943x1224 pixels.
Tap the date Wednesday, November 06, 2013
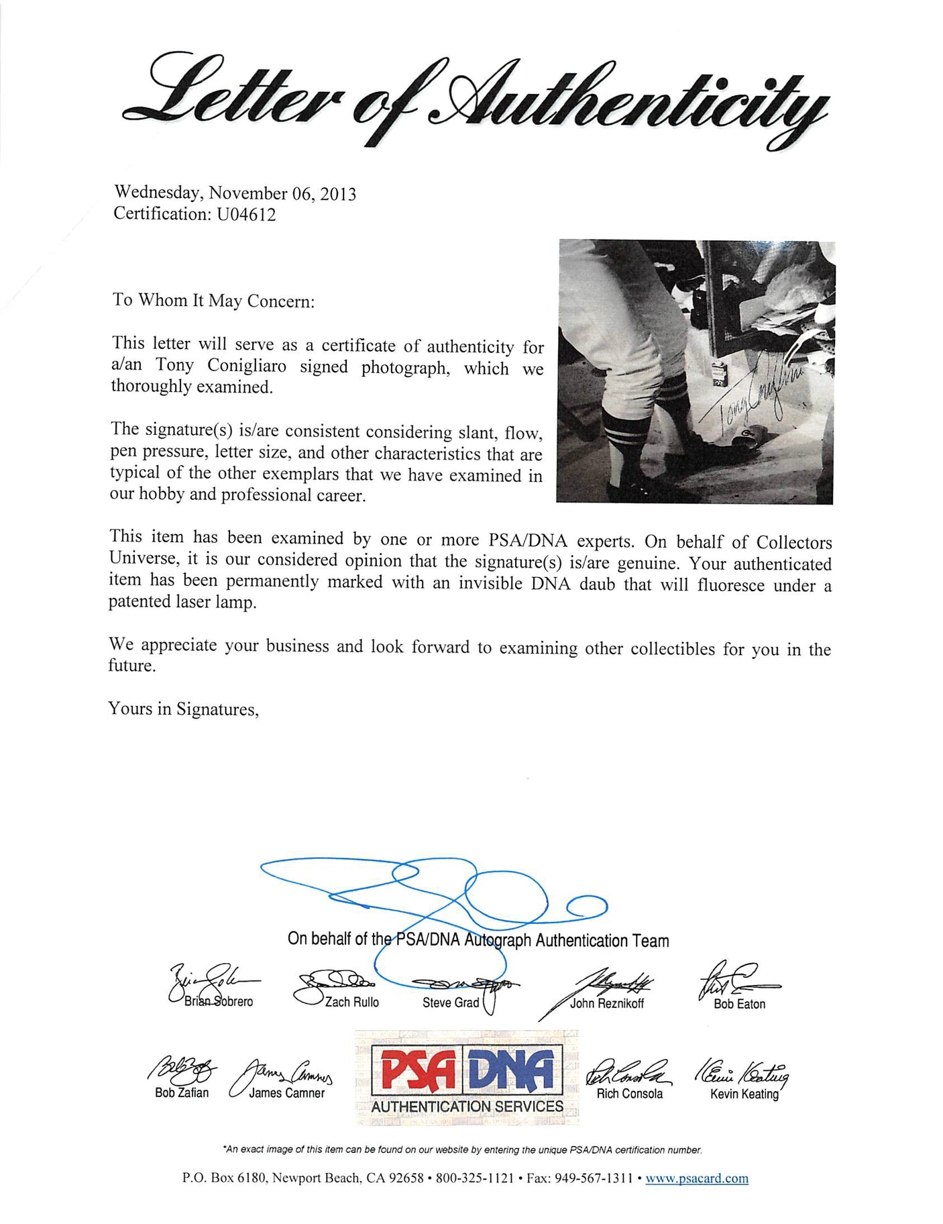[235, 193]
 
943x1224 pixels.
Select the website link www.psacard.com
[697, 1178]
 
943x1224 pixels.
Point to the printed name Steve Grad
[451, 1003]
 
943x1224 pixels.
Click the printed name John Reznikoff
[607, 1004]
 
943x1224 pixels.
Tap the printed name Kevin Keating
[744, 1094]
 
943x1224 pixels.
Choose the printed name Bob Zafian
[182, 1092]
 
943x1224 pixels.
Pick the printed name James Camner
[287, 1093]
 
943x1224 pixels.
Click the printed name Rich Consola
[630, 1094]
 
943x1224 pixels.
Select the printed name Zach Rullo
[352, 1002]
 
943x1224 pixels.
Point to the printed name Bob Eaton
[739, 1004]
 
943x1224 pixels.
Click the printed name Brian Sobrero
[219, 1001]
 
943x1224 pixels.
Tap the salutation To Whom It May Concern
[213, 301]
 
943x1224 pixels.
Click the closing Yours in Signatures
[183, 709]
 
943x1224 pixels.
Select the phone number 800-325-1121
[476, 1178]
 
